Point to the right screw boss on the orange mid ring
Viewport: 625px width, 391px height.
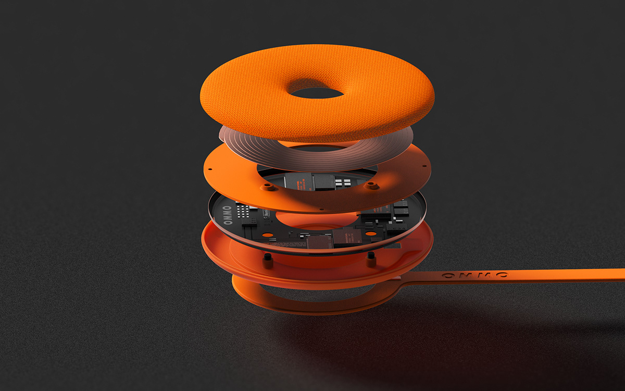pos(371,185)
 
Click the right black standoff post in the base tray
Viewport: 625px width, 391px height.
pos(370,256)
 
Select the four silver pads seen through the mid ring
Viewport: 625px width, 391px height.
pos(345,182)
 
